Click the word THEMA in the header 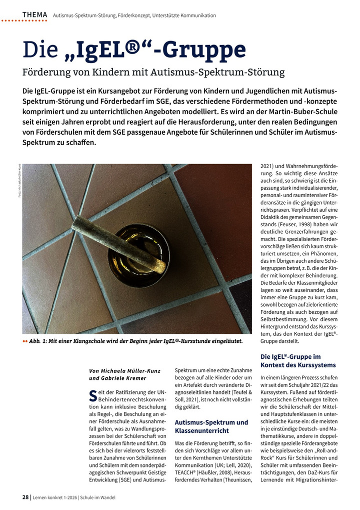34,15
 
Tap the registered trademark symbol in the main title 128,49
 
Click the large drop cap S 92,396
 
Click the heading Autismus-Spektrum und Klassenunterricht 211,426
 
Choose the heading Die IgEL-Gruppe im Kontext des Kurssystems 298,361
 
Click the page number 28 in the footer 25,497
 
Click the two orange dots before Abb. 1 25,341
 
